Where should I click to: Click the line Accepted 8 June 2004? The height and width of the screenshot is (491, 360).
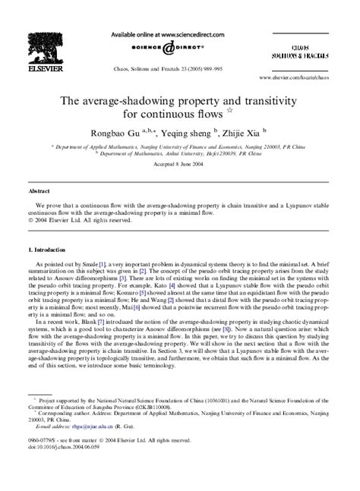(179, 162)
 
